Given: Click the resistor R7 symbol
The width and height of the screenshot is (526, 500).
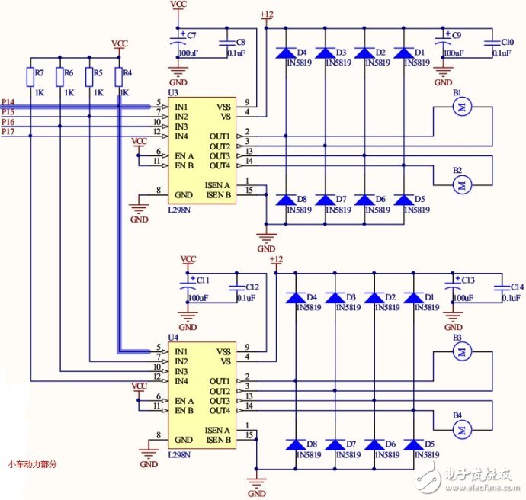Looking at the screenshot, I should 30,77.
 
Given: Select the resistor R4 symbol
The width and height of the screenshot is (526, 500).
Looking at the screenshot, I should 118,77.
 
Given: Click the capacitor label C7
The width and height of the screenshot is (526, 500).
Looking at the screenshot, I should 191,36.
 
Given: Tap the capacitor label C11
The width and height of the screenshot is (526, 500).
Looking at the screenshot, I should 203,280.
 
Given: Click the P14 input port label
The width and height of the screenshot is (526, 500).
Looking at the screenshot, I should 8,101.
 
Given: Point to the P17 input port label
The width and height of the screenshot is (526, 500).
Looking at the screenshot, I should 8,132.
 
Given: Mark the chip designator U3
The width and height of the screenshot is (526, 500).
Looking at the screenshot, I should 173,91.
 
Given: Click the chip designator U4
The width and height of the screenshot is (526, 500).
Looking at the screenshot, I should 173,336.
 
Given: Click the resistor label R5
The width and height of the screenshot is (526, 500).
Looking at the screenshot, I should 95,72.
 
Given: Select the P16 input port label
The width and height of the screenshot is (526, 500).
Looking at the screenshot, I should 8,122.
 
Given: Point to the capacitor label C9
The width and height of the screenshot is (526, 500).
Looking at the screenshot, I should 456,36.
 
